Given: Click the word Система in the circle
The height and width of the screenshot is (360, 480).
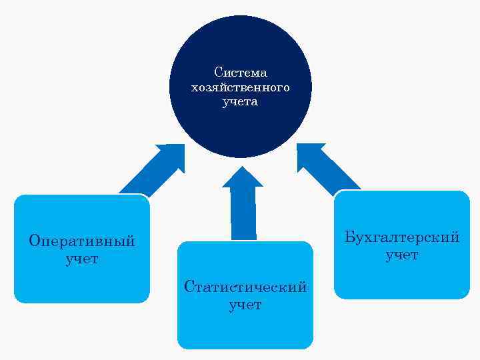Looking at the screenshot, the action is pyautogui.click(x=240, y=72).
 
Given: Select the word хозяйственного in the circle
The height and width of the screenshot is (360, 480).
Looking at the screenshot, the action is pyautogui.click(x=240, y=87).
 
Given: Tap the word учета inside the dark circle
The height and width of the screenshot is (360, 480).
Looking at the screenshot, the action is pyautogui.click(x=240, y=103).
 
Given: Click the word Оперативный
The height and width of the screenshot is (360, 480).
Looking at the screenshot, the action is pyautogui.click(x=82, y=241).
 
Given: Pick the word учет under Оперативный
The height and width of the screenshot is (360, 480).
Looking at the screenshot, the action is pyautogui.click(x=82, y=259).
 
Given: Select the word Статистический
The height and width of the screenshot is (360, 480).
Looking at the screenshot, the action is pyautogui.click(x=245, y=287).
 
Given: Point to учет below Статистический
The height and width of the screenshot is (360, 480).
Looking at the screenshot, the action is pyautogui.click(x=245, y=305).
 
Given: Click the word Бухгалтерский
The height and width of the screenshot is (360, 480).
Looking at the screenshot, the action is pyautogui.click(x=402, y=237).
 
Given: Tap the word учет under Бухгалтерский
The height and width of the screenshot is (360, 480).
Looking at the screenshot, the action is pyautogui.click(x=402, y=255).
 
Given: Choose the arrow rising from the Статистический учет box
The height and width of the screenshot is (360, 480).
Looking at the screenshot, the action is pyautogui.click(x=243, y=210).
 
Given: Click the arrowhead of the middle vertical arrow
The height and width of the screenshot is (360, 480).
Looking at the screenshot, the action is pyautogui.click(x=243, y=177).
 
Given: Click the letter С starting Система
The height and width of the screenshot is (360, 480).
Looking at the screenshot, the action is pyautogui.click(x=218, y=72).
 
